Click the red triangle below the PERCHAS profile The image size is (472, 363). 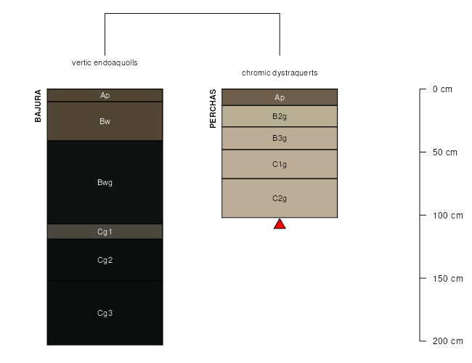(280, 224)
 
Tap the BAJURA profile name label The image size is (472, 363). (38, 106)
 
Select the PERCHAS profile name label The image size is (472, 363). (213, 108)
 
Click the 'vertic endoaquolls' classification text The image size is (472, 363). (105, 62)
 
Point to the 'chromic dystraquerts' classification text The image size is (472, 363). (280, 73)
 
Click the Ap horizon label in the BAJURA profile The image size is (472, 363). (105, 95)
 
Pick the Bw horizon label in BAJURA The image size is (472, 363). (105, 121)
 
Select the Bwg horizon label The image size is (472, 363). (105, 182)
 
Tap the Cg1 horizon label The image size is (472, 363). (105, 232)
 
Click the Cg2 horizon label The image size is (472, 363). (105, 260)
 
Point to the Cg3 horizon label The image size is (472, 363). (105, 313)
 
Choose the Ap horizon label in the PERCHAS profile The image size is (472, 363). (280, 97)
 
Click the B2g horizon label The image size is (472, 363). (280, 116)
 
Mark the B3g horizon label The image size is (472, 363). (280, 138)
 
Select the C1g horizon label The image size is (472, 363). (280, 164)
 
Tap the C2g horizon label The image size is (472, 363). (280, 198)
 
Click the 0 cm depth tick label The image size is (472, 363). (442, 89)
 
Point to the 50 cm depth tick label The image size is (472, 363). (445, 152)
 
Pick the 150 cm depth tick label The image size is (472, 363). (447, 278)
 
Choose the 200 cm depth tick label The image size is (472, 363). (447, 341)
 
